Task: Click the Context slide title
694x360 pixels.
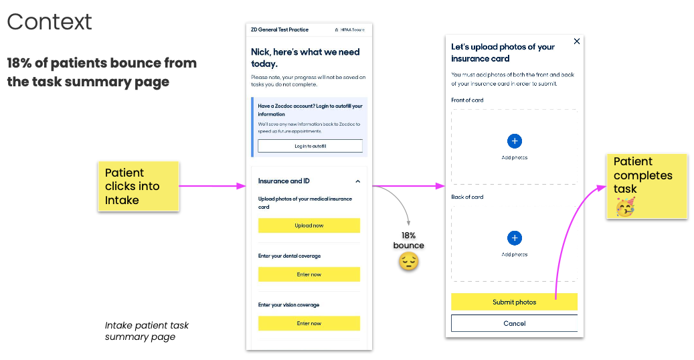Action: tap(49, 21)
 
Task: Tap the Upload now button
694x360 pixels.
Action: tap(309, 226)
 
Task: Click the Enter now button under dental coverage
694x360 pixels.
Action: tap(309, 274)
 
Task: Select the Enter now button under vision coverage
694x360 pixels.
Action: tap(309, 323)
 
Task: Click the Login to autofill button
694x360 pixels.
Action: tap(311, 146)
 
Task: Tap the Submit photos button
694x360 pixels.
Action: tap(514, 302)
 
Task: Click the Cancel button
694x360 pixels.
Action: tap(514, 323)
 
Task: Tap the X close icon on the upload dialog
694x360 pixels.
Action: tap(577, 41)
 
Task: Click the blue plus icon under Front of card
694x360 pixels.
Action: tap(514, 141)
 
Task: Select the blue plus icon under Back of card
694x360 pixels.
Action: tap(514, 238)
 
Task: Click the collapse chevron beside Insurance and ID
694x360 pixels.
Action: tap(357, 181)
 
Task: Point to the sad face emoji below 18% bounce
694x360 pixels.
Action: tap(408, 261)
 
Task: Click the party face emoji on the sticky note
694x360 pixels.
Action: tap(625, 207)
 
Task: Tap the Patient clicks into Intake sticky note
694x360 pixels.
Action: tap(139, 186)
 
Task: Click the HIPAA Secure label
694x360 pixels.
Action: tap(349, 29)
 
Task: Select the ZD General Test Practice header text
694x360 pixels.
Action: tap(280, 29)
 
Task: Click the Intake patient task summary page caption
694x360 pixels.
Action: tap(147, 331)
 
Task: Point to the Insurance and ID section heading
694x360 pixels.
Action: tap(284, 181)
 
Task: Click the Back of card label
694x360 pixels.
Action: tap(467, 197)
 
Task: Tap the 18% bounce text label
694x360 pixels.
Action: tap(408, 240)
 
